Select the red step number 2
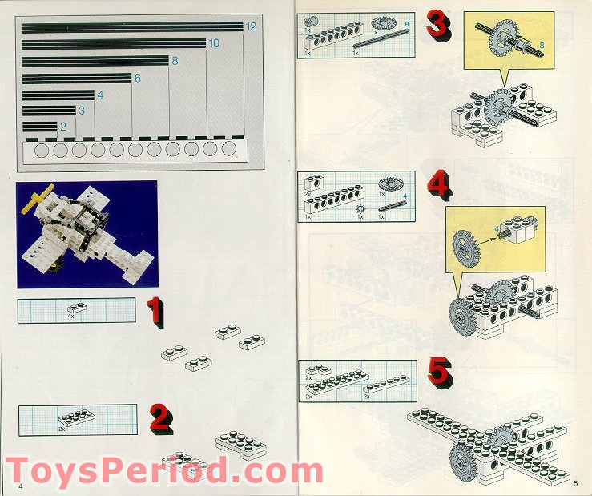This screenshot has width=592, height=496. (x=160, y=417)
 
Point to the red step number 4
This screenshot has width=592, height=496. (x=437, y=186)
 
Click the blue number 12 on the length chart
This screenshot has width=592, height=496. (x=251, y=26)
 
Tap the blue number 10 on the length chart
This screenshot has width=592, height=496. (x=214, y=43)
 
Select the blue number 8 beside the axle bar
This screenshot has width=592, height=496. (x=174, y=61)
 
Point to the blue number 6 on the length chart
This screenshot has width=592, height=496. (x=137, y=78)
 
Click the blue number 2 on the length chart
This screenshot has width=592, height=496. (x=62, y=127)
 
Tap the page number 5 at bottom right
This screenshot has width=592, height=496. (x=575, y=482)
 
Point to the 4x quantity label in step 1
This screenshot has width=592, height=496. (x=71, y=316)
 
